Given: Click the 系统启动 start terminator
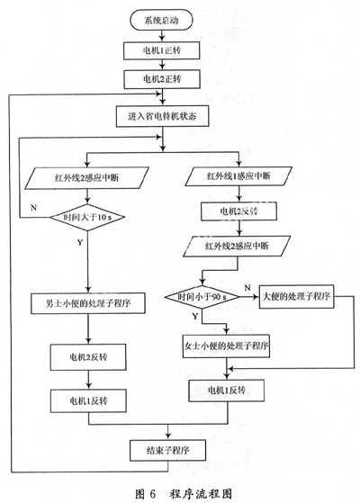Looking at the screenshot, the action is (161, 20).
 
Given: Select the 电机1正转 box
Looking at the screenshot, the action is (162, 50).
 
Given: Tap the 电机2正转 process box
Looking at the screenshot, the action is (162, 79).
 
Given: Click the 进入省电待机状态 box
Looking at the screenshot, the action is (162, 116).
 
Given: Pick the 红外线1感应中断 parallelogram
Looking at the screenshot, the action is (238, 176).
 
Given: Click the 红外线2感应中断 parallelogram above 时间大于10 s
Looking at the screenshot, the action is (87, 178).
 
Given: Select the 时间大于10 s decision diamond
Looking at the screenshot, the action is (87, 217).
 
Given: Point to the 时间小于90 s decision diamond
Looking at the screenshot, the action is (202, 297).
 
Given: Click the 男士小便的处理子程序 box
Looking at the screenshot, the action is (88, 303).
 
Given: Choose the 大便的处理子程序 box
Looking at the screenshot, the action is (296, 296).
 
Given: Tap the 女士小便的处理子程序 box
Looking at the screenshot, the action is (226, 346).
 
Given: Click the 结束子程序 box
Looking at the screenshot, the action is (167, 451).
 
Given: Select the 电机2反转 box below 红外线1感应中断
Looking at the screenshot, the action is (238, 211).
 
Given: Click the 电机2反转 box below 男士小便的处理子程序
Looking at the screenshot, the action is (88, 357).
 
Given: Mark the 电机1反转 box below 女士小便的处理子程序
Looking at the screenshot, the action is (227, 391).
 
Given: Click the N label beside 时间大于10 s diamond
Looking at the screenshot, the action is (33, 208).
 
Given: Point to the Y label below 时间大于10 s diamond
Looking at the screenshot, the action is (80, 242).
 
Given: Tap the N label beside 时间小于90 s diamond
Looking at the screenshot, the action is (247, 288).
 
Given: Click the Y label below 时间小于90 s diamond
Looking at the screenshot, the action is (195, 317).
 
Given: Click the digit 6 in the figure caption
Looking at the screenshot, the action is (152, 494).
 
